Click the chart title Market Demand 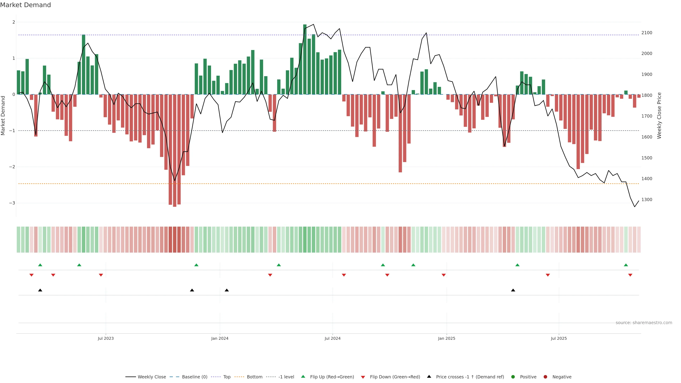(x=25, y=5)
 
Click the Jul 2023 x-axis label (x=106, y=338)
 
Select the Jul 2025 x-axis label (x=559, y=338)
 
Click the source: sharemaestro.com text (x=644, y=323)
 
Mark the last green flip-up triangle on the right (x=626, y=265)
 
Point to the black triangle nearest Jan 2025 (x=513, y=290)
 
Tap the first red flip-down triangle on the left (x=31, y=275)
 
